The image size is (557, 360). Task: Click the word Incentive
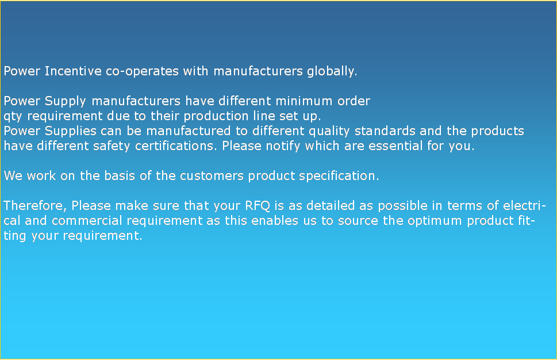pyautogui.click(x=73, y=71)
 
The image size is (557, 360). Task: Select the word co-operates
pyautogui.click(x=142, y=72)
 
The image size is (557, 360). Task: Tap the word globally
pyautogui.click(x=332, y=72)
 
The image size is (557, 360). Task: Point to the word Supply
pyautogui.click(x=66, y=102)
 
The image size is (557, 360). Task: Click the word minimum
pyautogui.click(x=304, y=101)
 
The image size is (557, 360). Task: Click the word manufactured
pyautogui.click(x=189, y=131)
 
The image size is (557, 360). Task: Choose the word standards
pyautogui.click(x=385, y=131)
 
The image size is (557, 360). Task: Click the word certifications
pyautogui.click(x=176, y=145)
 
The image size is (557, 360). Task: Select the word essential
pyautogui.click(x=395, y=145)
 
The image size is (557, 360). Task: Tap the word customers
pyautogui.click(x=212, y=176)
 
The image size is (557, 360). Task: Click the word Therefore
pyautogui.click(x=35, y=206)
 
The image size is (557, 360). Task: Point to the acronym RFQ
pyautogui.click(x=258, y=206)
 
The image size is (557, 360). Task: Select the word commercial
pyautogui.click(x=87, y=221)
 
